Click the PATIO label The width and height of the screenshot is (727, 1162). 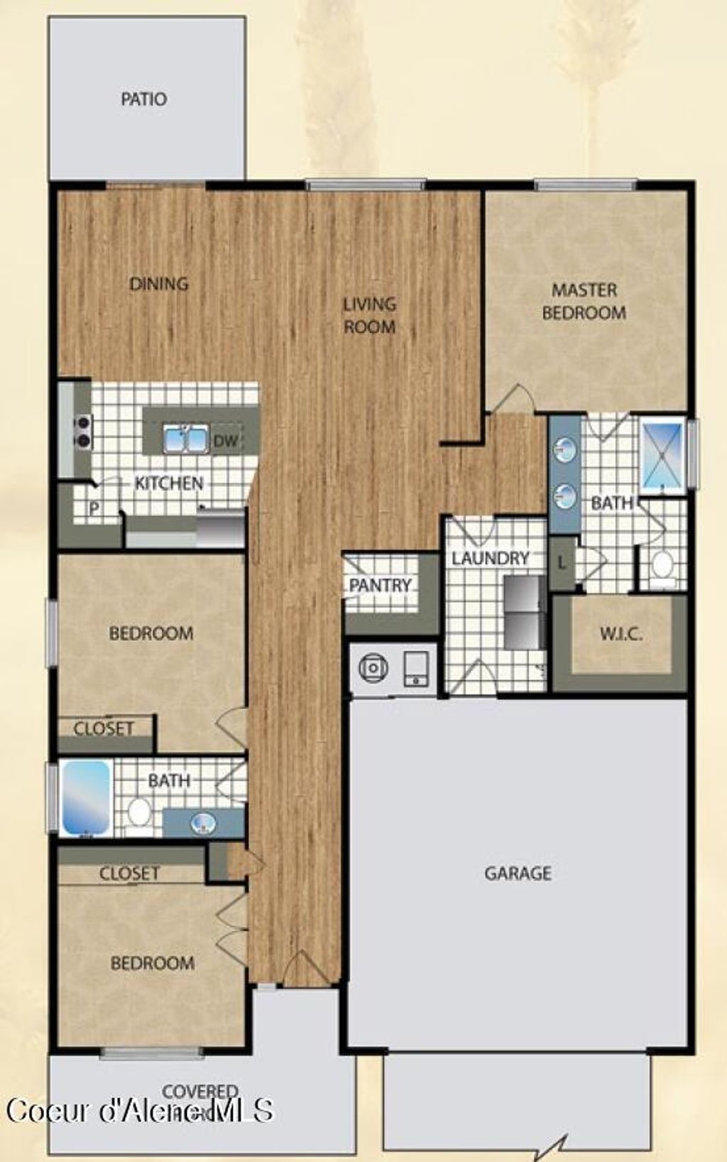tap(144, 99)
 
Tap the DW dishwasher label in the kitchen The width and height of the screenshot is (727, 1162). tap(226, 441)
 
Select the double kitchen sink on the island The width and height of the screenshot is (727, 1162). tap(185, 439)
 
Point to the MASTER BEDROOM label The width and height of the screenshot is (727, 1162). tap(584, 301)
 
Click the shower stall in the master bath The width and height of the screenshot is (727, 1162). tap(662, 454)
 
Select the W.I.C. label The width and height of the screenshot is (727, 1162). tap(621, 634)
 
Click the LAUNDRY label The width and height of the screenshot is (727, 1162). tap(491, 558)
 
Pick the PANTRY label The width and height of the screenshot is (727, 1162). tap(381, 586)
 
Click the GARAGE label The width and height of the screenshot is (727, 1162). tap(518, 872)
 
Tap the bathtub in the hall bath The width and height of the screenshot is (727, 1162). tap(86, 797)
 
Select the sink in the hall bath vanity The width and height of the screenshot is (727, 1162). tap(204, 823)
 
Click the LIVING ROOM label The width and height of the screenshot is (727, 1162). tap(369, 315)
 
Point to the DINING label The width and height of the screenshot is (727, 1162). tap(159, 284)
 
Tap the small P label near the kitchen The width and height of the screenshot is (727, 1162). tap(94, 509)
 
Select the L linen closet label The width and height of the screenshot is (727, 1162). tap(562, 564)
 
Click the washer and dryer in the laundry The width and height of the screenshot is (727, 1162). tap(524, 613)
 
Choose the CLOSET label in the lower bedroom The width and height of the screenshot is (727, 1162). tap(129, 872)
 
